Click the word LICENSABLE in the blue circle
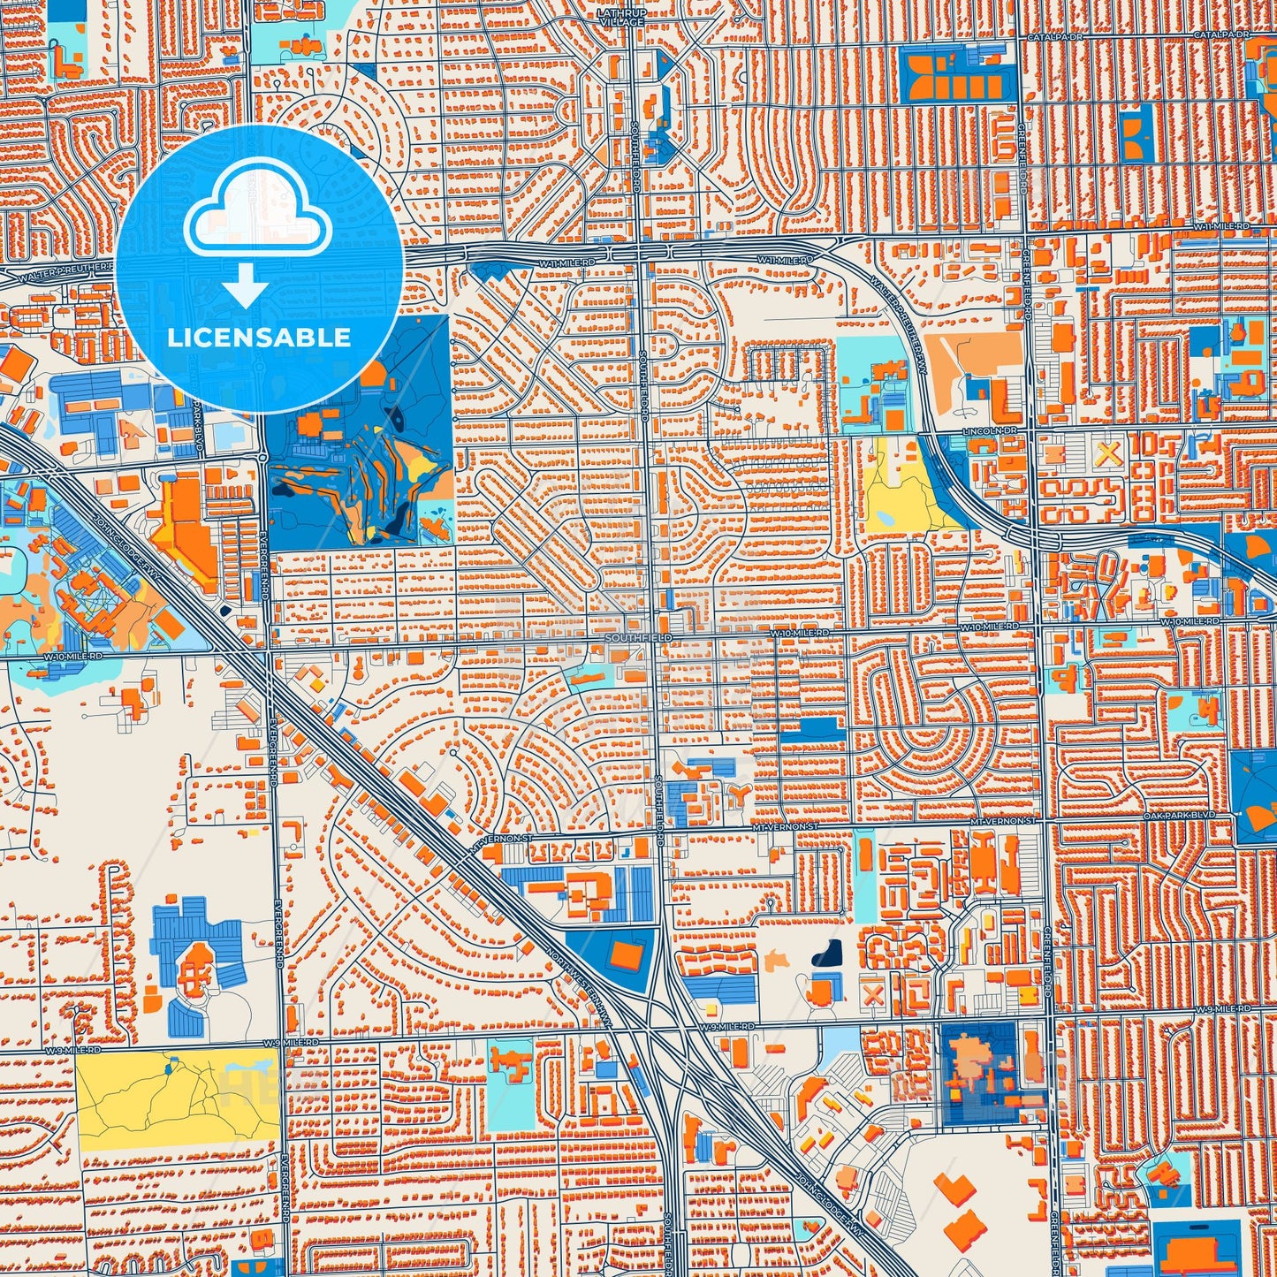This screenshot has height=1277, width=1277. pos(259,338)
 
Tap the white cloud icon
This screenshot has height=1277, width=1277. pos(257,210)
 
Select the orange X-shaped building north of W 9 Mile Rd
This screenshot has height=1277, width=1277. pos(873,992)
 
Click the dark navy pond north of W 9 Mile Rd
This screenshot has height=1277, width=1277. pos(828,953)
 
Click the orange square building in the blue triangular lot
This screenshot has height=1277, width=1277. pos(629,956)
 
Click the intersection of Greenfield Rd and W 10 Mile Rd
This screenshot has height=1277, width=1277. pos(1036,628)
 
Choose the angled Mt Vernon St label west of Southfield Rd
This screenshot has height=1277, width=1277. pos(492,847)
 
